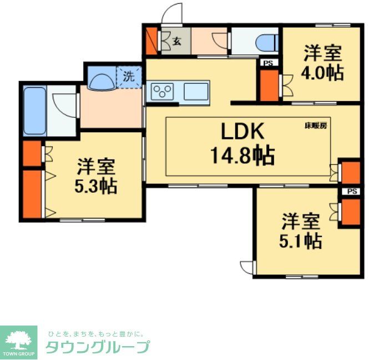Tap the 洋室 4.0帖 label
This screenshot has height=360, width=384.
[322, 64]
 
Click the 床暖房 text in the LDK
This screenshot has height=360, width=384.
[315, 126]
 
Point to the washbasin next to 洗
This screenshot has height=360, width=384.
[102, 82]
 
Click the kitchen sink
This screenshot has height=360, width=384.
[196, 91]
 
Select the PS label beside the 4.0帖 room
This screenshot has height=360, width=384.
[269, 63]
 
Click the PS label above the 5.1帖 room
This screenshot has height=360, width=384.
[352, 192]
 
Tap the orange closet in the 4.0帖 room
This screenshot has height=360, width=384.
[270, 84]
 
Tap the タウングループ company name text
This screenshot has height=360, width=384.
[97, 347]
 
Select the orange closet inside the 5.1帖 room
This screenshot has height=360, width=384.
[351, 212]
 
